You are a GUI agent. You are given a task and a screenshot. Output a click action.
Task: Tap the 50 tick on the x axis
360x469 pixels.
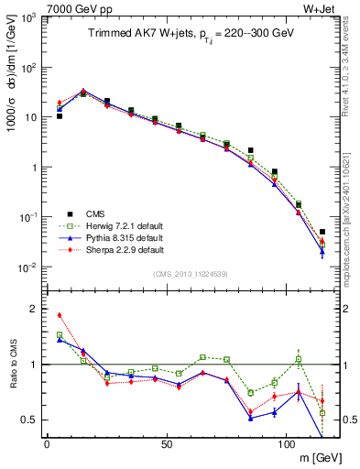point(167,444)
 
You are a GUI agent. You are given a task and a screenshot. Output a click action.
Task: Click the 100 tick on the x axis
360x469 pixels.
point(287,444)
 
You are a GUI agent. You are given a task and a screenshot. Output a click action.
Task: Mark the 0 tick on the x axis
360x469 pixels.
point(47,444)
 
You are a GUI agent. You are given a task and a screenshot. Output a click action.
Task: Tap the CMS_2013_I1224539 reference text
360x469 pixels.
point(191,274)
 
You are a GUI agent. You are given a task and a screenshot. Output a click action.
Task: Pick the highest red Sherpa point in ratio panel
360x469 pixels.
point(60,315)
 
